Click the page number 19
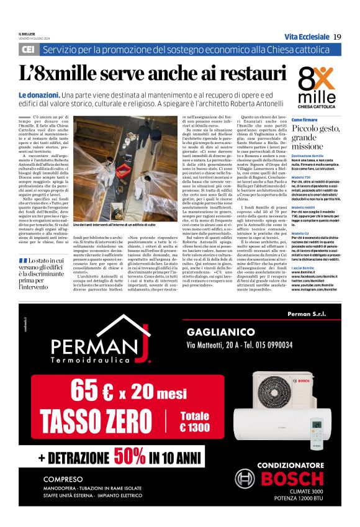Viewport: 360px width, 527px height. tap(336, 37)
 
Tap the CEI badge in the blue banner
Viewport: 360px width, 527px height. tap(28, 49)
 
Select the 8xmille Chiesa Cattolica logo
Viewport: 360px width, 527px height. tap(317, 84)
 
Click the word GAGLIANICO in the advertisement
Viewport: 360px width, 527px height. tap(220, 332)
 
